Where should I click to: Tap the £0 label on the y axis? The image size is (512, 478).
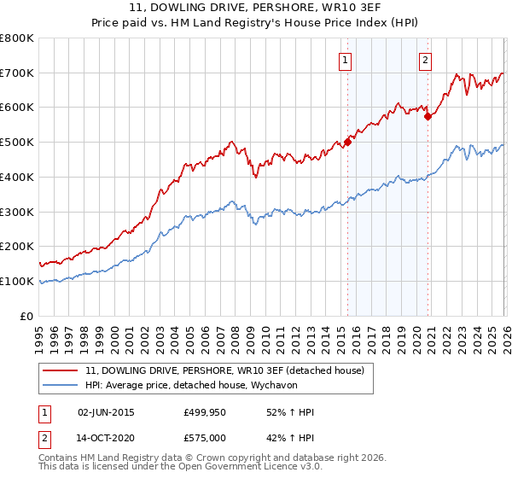tap(27, 316)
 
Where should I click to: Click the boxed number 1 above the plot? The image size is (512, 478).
tap(346, 60)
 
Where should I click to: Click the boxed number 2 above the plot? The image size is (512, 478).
tap(425, 60)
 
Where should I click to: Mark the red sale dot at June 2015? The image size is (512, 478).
tap(347, 143)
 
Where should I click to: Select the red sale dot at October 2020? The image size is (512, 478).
tap(428, 116)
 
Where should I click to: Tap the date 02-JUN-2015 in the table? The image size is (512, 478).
tap(106, 412)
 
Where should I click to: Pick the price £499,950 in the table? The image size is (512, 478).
tap(206, 412)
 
